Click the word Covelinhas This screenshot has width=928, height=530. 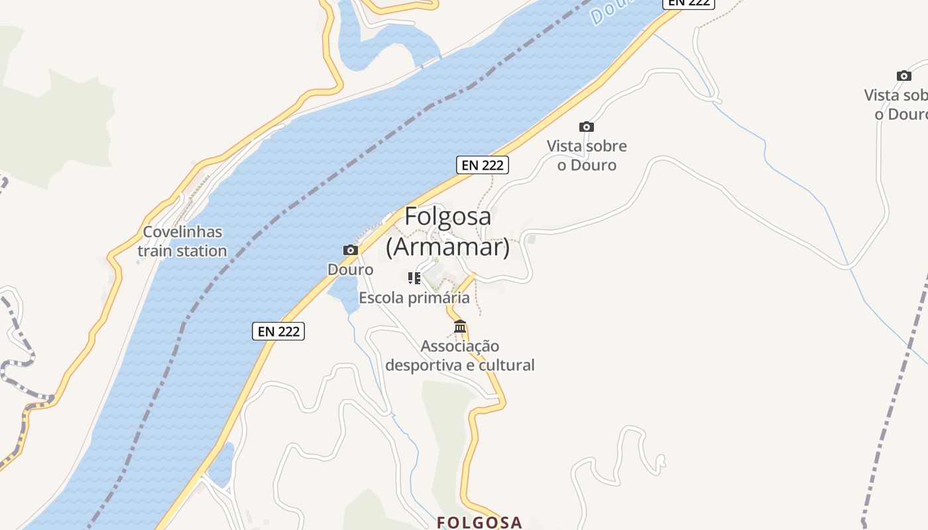tap(183, 233)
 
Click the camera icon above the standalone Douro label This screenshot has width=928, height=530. tap(351, 250)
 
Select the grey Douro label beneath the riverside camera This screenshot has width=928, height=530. tap(351, 270)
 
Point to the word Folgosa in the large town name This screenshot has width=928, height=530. tap(448, 216)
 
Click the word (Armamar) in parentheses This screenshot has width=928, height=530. tap(448, 246)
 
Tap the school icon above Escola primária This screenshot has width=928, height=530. tap(414, 278)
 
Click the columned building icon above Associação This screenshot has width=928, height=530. tap(460, 327)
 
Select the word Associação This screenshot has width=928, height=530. tap(460, 346)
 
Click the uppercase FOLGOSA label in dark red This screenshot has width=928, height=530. tap(479, 523)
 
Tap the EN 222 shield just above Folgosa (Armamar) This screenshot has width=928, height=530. tap(483, 165)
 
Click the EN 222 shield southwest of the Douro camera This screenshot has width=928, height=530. tap(278, 331)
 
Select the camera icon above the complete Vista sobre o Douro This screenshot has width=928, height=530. tap(586, 127)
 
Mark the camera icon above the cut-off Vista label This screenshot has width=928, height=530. tap(903, 76)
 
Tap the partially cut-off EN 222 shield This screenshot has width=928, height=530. tap(689, 3)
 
